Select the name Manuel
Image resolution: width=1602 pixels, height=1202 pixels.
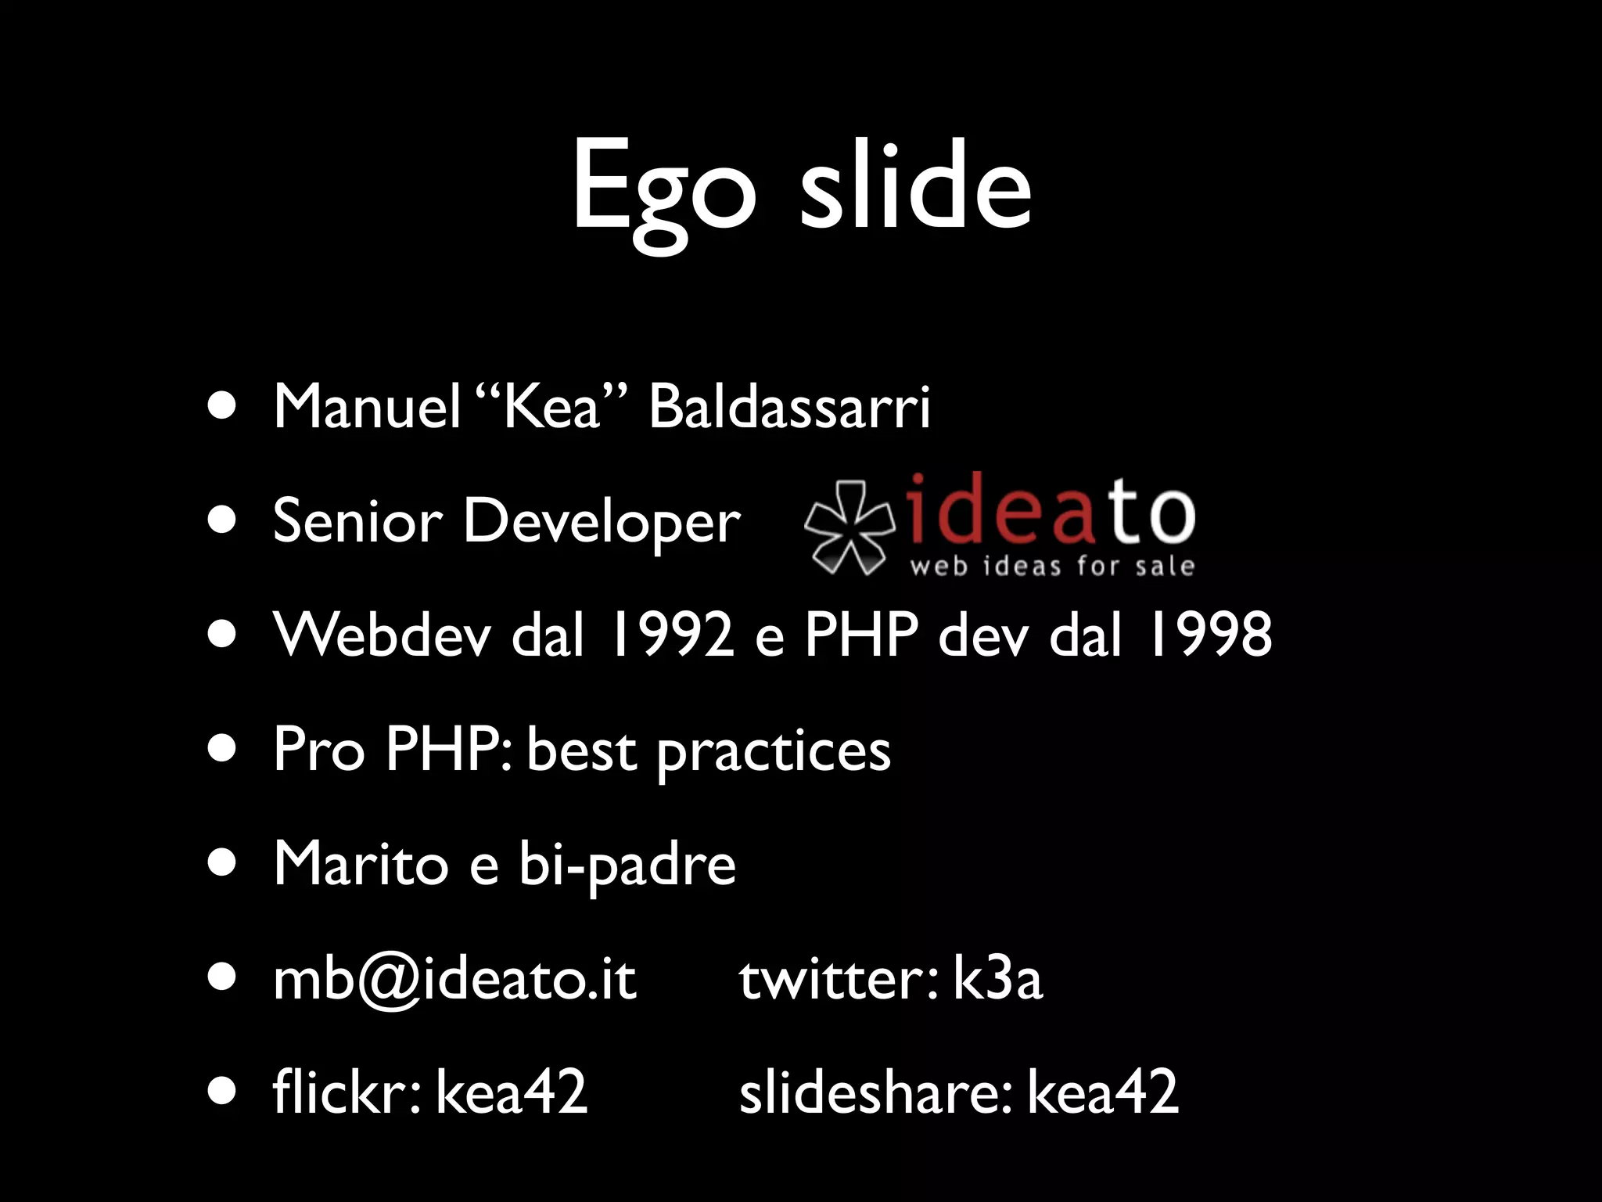367,407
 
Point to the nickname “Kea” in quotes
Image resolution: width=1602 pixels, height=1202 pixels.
552,407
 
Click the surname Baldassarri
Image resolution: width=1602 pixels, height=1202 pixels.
789,407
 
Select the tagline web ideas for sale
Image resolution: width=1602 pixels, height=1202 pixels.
1052,566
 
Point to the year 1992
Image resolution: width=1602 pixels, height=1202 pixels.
672,634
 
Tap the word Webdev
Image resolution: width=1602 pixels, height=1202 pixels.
383,634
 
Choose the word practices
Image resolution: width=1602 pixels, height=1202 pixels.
774,751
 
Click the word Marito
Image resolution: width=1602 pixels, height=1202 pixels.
361,864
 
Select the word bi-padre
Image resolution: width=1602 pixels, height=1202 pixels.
627,866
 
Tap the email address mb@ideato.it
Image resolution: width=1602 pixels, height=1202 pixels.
454,980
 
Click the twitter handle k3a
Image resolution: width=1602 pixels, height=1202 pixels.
997,979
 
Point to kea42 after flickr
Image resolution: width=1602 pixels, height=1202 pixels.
511,1092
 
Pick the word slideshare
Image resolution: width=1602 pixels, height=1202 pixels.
875,1092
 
